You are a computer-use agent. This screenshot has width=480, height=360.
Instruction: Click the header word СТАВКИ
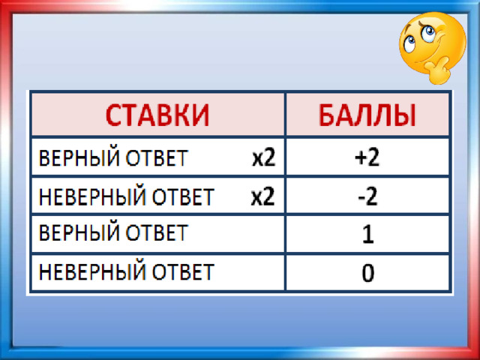[x=157, y=115]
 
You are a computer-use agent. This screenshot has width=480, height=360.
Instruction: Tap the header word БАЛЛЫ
[x=367, y=115]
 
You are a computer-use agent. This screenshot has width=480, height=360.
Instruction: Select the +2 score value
[x=367, y=158]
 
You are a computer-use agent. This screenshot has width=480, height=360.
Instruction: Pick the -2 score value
[x=368, y=196]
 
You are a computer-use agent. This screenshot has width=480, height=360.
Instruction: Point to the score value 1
[x=368, y=235]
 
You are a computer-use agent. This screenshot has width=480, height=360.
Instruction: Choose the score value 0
[x=368, y=273]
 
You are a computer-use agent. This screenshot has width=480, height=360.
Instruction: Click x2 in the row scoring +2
[x=263, y=158]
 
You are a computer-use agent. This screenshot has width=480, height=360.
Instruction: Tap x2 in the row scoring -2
[x=263, y=196]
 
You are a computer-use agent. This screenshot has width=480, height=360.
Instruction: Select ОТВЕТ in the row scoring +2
[x=157, y=158]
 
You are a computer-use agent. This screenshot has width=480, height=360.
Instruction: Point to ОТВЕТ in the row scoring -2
[x=183, y=196]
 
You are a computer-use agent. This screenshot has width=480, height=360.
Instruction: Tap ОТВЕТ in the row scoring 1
[x=157, y=233]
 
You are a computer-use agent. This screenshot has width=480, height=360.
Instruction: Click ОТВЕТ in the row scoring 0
[x=183, y=271]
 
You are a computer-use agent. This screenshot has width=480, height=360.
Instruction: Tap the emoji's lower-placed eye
[x=409, y=43]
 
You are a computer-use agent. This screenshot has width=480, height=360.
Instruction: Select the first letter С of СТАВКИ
[x=113, y=115]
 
